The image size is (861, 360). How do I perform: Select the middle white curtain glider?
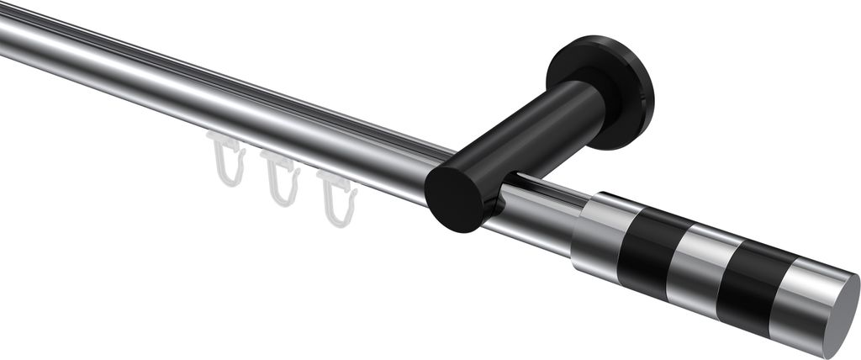(x=282, y=179)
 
